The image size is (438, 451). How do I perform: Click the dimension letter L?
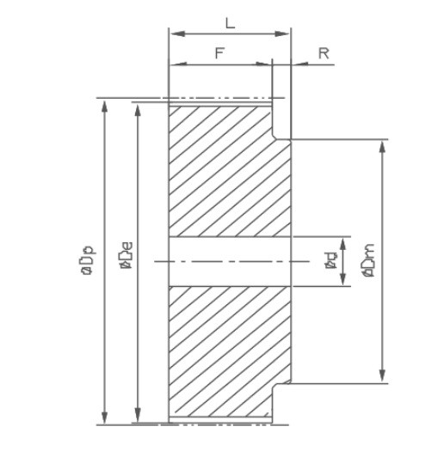point(230,23)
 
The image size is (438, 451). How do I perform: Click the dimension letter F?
point(219,53)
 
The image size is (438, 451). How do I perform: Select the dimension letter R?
point(324,53)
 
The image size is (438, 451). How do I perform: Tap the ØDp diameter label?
point(88,259)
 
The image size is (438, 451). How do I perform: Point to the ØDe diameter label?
point(126,255)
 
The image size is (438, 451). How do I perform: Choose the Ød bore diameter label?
point(330,260)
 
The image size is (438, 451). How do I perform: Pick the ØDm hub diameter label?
point(368,260)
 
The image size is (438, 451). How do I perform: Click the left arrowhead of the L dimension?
point(178,34)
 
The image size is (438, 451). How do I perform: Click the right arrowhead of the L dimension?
point(281,34)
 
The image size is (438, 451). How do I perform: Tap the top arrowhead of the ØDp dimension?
point(105,107)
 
